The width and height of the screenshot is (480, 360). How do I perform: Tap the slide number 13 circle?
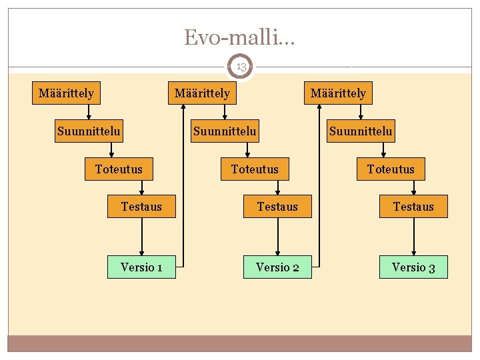[x=241, y=67]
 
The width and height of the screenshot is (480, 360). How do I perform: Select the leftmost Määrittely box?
[x=66, y=93]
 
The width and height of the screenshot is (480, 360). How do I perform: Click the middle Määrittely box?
[x=202, y=93]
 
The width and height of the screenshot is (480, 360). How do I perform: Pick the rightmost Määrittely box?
[x=338, y=93]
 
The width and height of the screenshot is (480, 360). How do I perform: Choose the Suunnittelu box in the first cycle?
[x=89, y=131]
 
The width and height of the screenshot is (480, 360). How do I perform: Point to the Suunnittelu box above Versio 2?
[x=225, y=131]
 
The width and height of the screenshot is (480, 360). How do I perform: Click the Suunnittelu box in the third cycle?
[x=361, y=131]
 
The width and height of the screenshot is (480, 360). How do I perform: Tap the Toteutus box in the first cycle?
[x=119, y=169]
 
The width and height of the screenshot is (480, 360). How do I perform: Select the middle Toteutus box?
[x=255, y=169]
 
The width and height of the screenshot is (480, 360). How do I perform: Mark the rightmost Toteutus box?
[x=391, y=169]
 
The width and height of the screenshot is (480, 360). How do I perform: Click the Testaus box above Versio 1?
[x=141, y=207]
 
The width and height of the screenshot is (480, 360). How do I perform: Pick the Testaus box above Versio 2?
[x=277, y=207]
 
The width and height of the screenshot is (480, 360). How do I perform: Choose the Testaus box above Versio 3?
[x=413, y=207]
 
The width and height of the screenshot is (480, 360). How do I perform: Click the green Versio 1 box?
[x=141, y=267]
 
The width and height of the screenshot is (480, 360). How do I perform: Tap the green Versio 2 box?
[x=277, y=267]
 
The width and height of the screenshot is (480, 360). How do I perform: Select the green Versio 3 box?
[x=413, y=267]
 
